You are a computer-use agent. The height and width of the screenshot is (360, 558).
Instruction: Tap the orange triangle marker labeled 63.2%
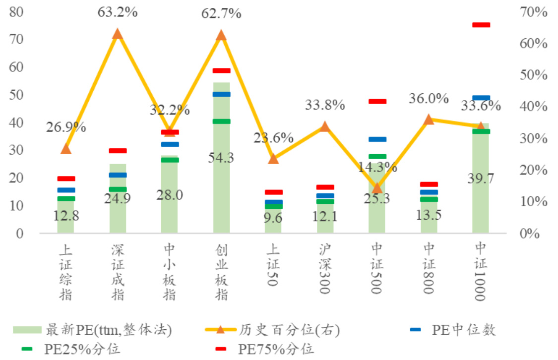(118, 34)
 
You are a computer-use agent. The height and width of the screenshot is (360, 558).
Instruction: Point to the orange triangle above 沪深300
(325, 126)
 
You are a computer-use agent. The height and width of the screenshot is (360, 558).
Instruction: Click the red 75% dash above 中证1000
(481, 25)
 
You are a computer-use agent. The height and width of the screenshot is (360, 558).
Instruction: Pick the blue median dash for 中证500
(377, 139)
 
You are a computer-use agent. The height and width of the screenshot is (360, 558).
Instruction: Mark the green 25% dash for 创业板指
(221, 121)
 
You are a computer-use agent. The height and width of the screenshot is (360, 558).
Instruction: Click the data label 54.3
(221, 158)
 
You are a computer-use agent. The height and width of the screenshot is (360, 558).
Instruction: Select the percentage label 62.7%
(221, 13)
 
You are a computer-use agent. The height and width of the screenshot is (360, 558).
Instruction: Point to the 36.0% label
(429, 99)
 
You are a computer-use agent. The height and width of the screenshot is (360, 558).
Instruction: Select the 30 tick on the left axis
(17, 150)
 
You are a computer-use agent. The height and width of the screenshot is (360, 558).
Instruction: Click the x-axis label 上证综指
(65, 272)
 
